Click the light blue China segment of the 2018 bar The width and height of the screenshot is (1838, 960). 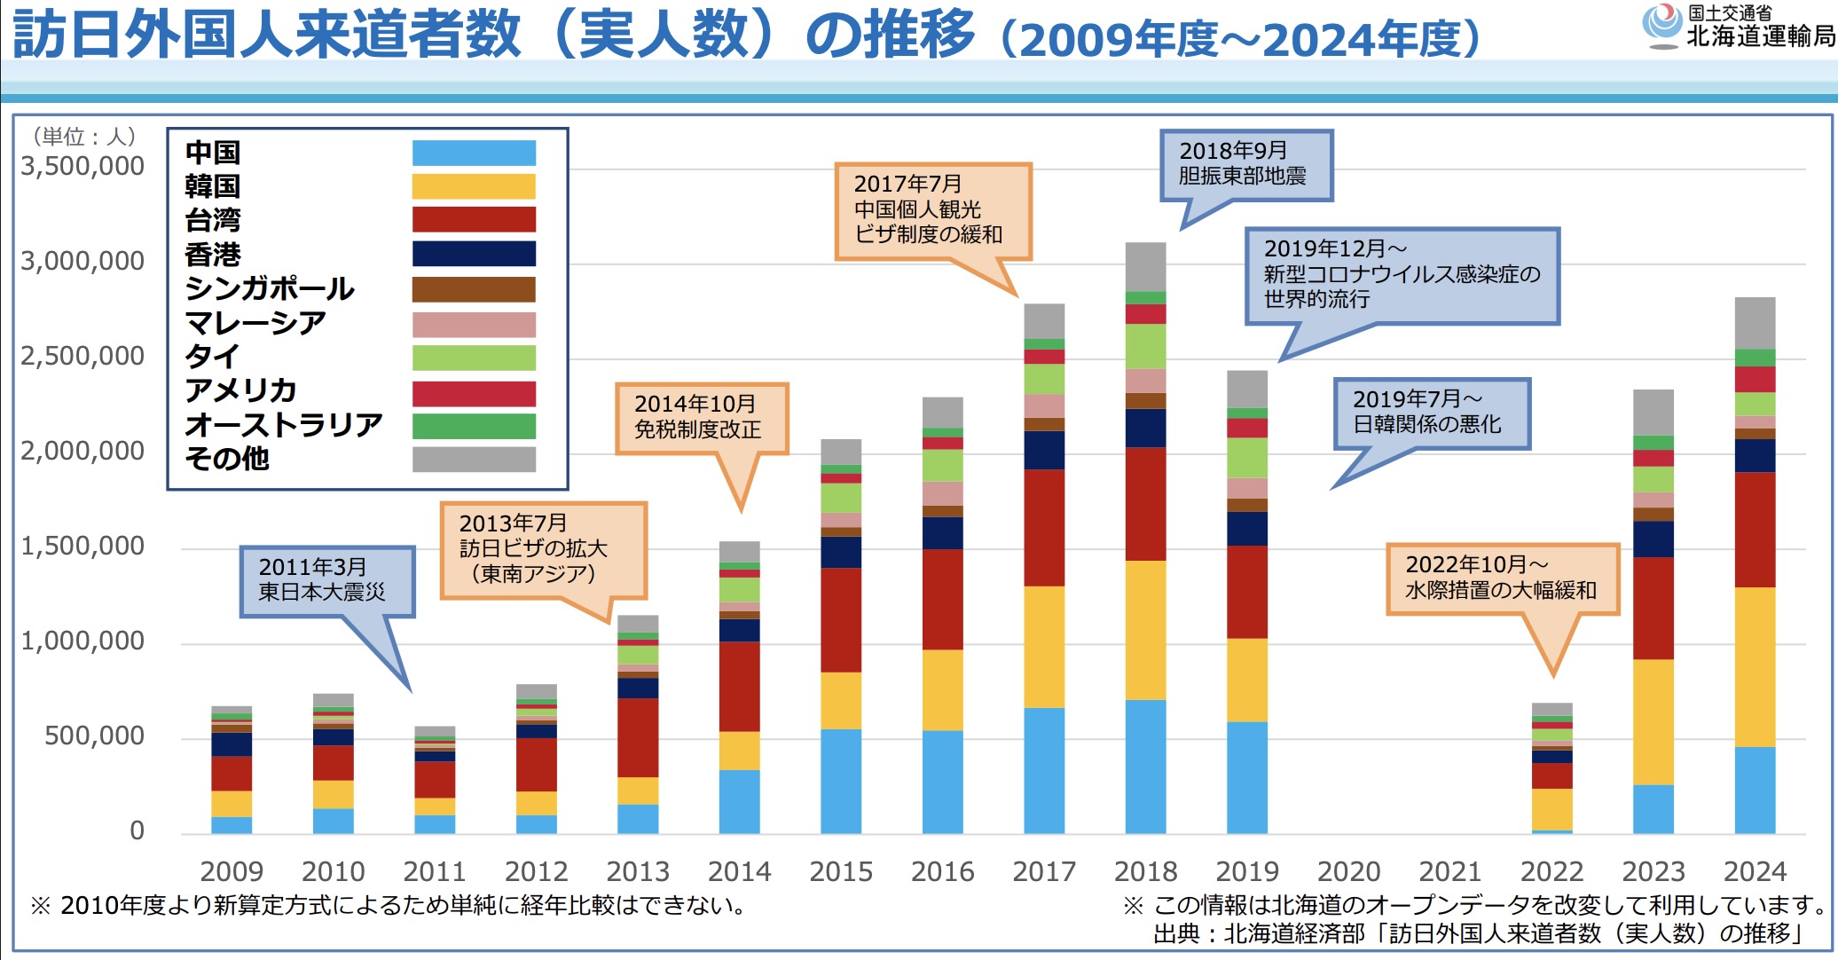click(1145, 767)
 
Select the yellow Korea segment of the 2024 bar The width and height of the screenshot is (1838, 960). click(1755, 667)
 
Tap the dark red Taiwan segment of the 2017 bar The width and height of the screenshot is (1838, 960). click(1044, 528)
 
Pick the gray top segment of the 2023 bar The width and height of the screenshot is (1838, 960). click(1653, 413)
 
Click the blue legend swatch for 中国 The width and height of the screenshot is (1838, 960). click(474, 153)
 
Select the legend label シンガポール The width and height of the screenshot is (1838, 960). click(270, 288)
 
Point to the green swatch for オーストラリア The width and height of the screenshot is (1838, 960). click(474, 426)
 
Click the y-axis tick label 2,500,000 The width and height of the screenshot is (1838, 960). click(82, 356)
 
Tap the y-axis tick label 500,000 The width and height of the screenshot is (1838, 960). click(94, 736)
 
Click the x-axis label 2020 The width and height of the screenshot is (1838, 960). click(1348, 871)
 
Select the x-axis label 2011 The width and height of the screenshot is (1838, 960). click(435, 871)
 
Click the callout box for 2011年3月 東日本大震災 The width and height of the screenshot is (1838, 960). click(326, 580)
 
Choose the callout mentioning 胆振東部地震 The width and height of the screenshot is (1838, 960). click(1245, 164)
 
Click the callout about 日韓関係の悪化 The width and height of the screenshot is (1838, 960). click(1431, 413)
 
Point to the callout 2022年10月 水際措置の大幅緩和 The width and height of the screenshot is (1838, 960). click(1502, 578)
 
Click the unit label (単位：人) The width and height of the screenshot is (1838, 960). click(84, 136)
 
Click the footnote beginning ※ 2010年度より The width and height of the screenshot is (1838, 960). click(389, 905)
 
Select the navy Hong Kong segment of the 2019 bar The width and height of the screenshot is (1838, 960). click(1247, 529)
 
